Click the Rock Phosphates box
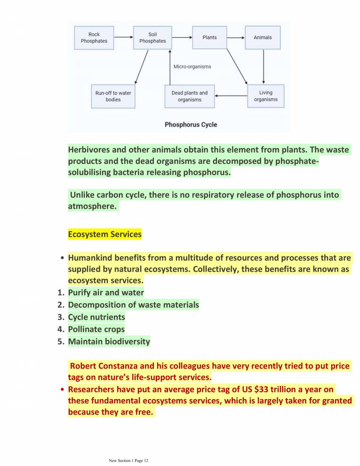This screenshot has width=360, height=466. click(x=94, y=38)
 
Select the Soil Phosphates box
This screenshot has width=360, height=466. click(x=152, y=38)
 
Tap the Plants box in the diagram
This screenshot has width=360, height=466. click(x=209, y=38)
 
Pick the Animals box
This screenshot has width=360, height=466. click(x=263, y=38)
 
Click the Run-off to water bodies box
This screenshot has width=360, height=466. click(x=113, y=96)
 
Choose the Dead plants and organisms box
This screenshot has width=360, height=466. click(x=190, y=96)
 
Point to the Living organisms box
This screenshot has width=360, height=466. click(x=266, y=96)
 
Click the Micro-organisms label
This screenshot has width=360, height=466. click(x=192, y=66)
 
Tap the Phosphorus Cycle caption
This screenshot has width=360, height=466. click(x=191, y=125)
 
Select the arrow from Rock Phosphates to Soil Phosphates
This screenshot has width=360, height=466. click(x=123, y=37)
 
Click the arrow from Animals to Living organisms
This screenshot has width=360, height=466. click(x=263, y=66)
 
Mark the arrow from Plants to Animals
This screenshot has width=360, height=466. click(x=236, y=37)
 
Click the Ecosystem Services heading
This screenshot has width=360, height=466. click(x=104, y=234)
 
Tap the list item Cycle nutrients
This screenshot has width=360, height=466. click(x=96, y=317)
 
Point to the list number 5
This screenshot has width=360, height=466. click(x=61, y=341)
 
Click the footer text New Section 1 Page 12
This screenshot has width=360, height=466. click(x=128, y=460)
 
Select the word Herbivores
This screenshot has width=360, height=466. click(x=89, y=150)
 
